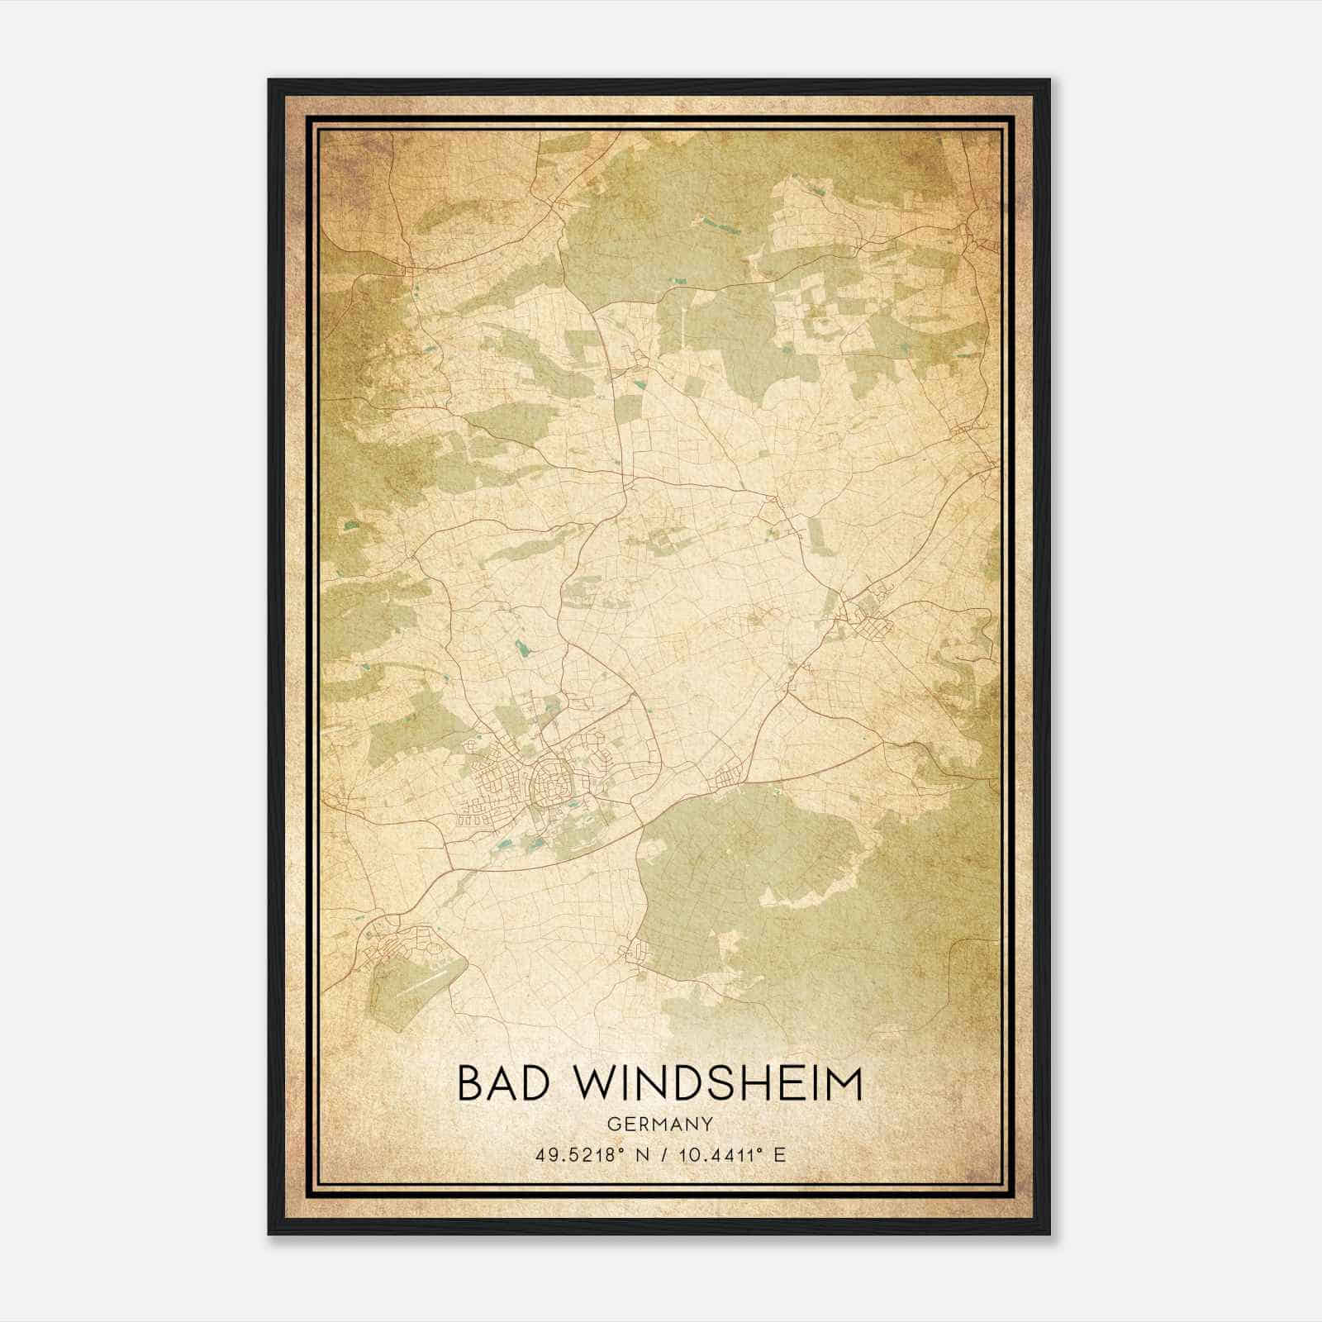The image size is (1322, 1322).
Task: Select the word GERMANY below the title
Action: [x=659, y=1125]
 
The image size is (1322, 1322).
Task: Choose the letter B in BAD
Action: [x=471, y=1083]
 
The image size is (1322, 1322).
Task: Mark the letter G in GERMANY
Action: [x=612, y=1125]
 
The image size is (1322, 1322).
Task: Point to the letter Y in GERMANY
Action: [x=708, y=1125]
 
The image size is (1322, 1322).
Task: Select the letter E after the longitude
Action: [x=780, y=1154]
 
